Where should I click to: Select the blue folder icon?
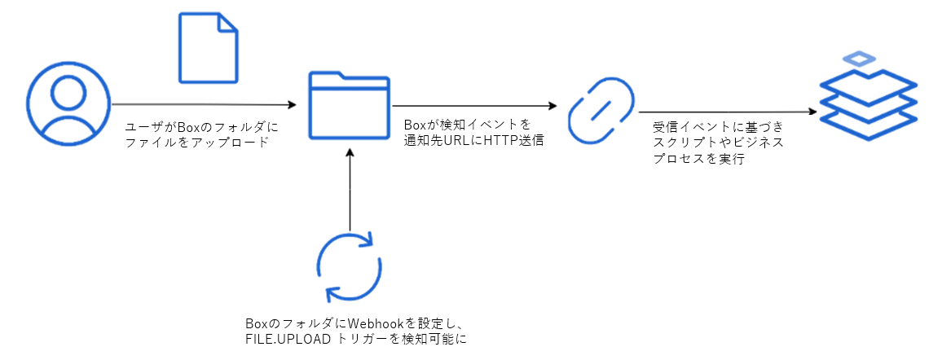348,106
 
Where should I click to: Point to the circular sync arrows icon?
349,267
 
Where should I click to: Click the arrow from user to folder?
204,104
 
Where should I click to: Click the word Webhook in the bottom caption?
372,323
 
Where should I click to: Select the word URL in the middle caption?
461,139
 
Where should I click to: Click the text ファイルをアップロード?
196,142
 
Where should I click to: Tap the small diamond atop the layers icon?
859,59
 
